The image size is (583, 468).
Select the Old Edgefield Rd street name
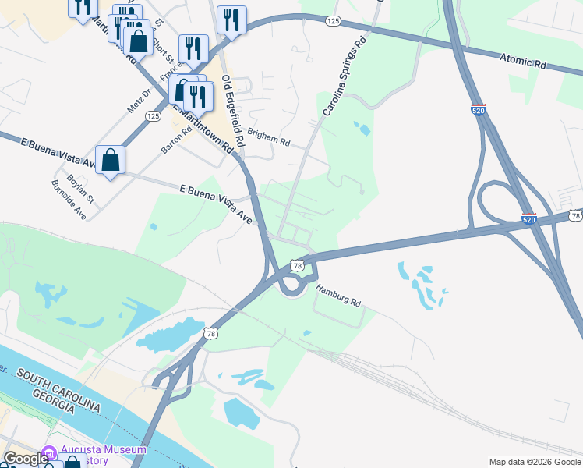point(233,112)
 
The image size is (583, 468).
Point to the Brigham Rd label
point(270,138)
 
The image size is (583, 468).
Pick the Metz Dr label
point(137,100)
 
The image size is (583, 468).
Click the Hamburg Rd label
point(338,296)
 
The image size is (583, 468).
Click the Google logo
point(26,459)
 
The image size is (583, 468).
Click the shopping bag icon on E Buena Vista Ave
point(111,160)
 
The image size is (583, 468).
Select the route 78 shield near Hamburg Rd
point(296,265)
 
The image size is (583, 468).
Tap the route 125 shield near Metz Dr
point(153,116)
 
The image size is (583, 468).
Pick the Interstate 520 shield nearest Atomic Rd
point(479,111)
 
